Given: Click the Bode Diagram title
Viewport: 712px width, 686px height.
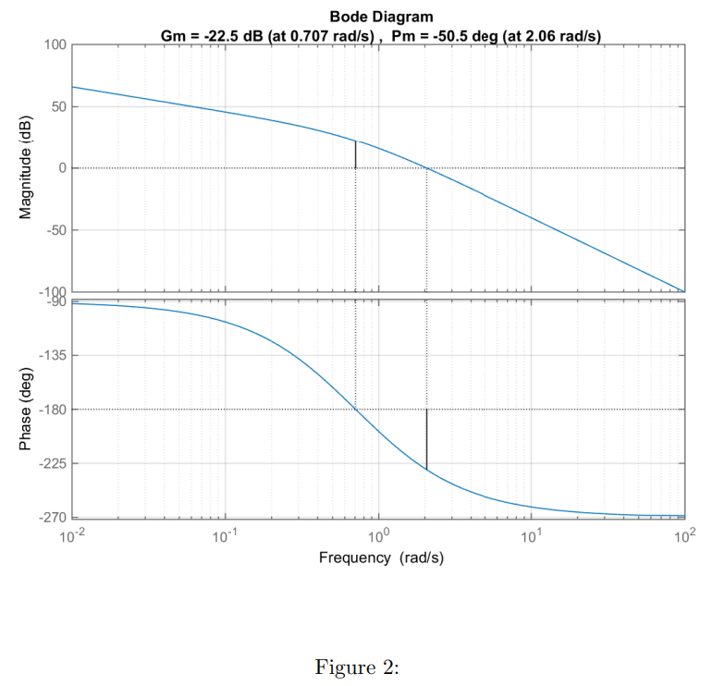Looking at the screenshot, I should tap(380, 18).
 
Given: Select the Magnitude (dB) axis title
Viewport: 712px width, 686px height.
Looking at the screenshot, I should tap(27, 167).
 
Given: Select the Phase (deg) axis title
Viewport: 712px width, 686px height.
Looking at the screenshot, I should tap(27, 410).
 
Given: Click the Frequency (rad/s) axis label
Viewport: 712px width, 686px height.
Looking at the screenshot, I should tap(380, 557).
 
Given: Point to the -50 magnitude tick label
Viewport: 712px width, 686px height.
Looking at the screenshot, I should tap(53, 229).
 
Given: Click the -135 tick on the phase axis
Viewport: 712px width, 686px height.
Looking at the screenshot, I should tap(51, 356).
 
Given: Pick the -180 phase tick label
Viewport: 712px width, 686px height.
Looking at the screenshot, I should tap(51, 410).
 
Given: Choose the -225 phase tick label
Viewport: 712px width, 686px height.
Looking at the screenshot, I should tap(51, 463).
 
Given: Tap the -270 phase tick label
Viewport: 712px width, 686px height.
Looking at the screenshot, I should tap(51, 517).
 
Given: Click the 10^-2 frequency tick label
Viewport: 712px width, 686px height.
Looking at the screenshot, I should tap(72, 536).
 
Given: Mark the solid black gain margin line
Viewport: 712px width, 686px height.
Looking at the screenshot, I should tap(356, 154).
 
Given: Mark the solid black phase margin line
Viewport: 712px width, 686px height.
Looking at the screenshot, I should tap(426, 439).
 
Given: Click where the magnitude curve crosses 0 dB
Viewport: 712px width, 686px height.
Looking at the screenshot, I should tap(426, 168).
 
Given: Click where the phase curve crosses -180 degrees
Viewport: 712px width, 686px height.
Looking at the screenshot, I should tap(356, 410).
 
